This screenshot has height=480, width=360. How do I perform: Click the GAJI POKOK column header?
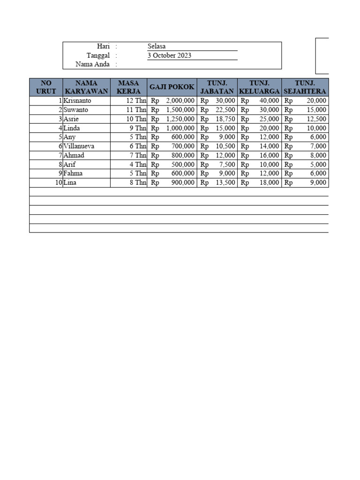[172, 87]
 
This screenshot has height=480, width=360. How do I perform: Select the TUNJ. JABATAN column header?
[217, 87]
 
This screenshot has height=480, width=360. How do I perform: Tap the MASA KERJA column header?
[128, 87]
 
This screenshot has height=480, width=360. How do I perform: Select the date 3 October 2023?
[169, 55]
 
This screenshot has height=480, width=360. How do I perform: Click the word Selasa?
[157, 46]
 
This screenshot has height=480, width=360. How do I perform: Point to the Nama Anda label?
[92, 65]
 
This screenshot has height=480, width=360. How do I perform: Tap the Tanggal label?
[98, 55]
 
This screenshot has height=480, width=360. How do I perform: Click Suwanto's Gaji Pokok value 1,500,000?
[180, 110]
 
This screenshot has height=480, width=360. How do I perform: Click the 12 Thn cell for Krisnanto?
[136, 101]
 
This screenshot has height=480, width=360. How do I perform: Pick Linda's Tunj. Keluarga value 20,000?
[270, 128]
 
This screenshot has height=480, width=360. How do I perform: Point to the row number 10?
[58, 183]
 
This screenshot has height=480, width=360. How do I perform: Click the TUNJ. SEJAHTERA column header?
[305, 87]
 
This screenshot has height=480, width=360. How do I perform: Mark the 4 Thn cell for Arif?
[138, 165]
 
